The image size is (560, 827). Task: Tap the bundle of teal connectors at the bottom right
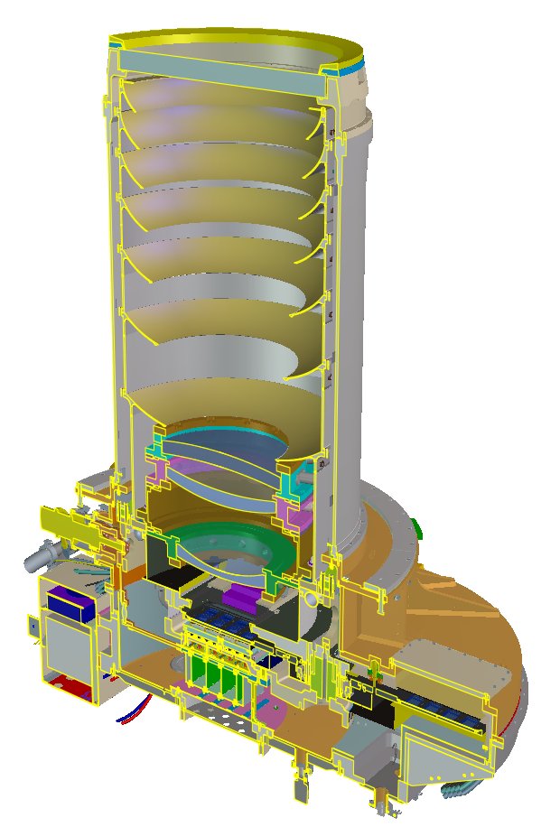coord(452,789)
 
